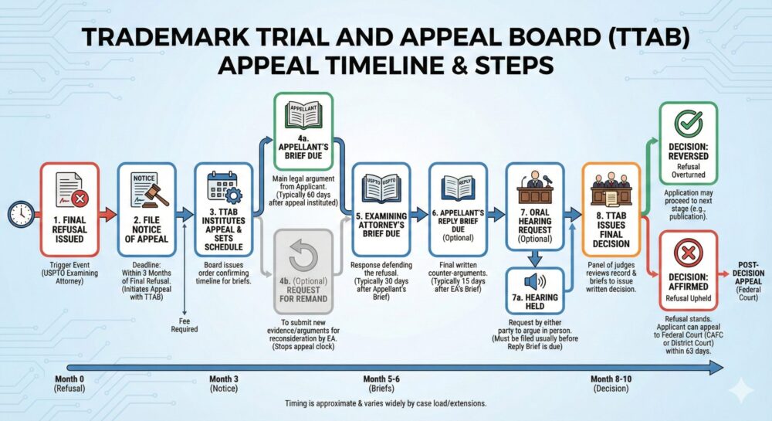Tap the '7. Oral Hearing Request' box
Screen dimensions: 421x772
(534, 207)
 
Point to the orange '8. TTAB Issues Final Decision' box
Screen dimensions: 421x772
(611, 209)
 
